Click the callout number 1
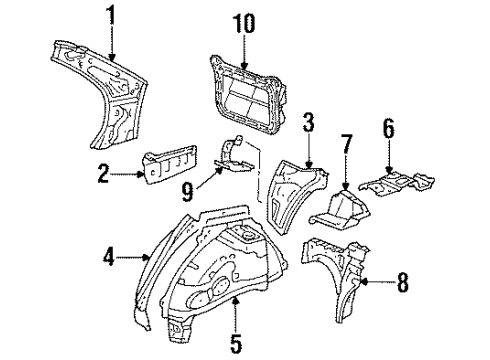pyautogui.click(x=111, y=17)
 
